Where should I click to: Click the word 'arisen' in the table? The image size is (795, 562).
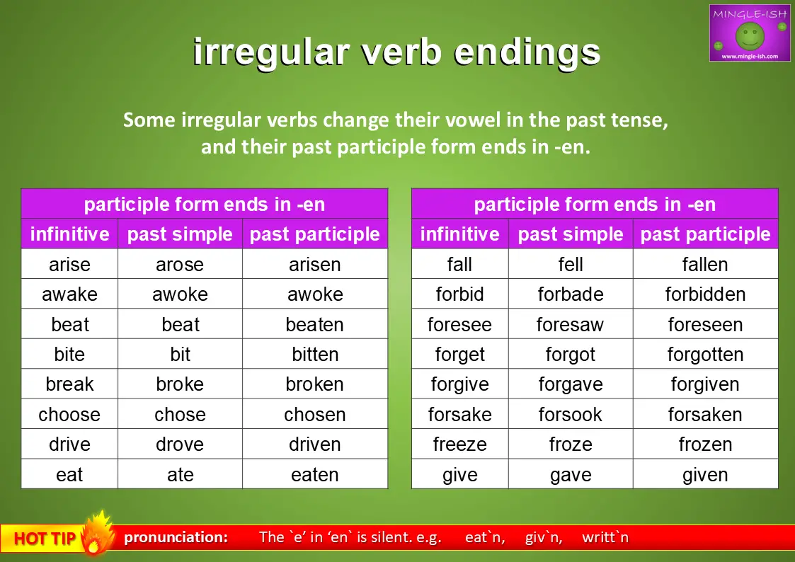[x=315, y=264]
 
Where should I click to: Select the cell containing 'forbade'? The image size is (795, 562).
[x=571, y=294]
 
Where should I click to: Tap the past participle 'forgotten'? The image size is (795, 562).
[x=705, y=354]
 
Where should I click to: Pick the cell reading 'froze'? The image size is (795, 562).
[x=571, y=445]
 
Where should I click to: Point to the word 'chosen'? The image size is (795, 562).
[x=315, y=415]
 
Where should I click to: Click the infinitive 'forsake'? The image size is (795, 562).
[x=460, y=415]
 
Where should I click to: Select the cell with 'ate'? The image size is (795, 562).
[x=180, y=474]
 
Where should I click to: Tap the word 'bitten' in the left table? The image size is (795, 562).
[x=315, y=354]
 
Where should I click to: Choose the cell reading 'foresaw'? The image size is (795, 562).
[x=571, y=324]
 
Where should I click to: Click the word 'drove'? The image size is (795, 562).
[x=180, y=445]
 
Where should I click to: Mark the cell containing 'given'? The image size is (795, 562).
[x=705, y=474]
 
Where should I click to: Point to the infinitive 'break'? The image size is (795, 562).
[x=69, y=384]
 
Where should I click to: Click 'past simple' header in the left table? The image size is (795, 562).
[x=180, y=234]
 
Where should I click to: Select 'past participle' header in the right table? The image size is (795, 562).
[x=705, y=234]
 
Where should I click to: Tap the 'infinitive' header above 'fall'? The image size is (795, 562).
[x=460, y=234]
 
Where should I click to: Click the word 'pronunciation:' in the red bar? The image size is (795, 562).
[x=176, y=537]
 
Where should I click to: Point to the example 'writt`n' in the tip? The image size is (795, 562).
[x=605, y=537]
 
